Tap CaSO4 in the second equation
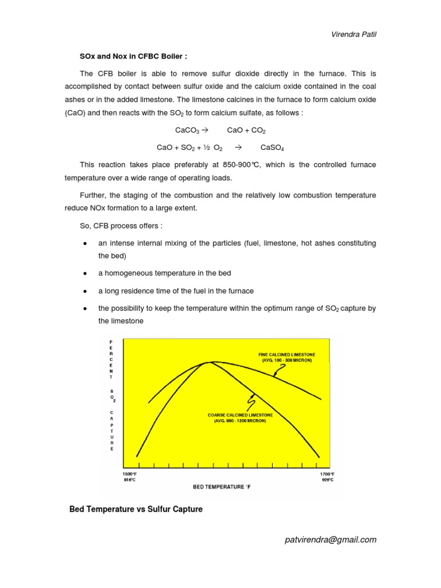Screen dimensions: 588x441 click(x=272, y=148)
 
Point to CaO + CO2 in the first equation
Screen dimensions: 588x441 click(x=246, y=130)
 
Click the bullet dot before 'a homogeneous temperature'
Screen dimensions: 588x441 click(x=84, y=273)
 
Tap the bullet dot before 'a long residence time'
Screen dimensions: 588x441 click(x=84, y=291)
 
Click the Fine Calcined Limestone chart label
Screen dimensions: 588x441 click(x=287, y=357)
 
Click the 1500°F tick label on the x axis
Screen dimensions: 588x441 click(x=129, y=474)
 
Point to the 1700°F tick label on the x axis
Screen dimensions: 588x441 click(x=327, y=474)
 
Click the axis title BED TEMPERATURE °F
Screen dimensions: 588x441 click(x=222, y=487)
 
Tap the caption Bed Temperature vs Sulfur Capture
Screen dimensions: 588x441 click(x=136, y=509)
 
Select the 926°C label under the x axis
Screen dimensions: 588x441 click(x=327, y=480)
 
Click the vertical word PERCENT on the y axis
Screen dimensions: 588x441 click(x=111, y=359)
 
